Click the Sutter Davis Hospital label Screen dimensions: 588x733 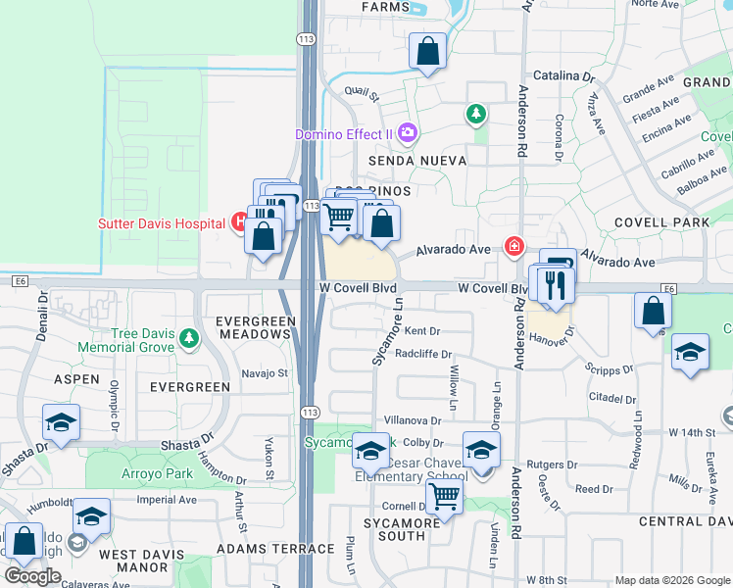(x=162, y=222)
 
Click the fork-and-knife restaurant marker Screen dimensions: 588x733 (x=555, y=285)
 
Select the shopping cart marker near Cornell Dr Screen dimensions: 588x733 (x=445, y=498)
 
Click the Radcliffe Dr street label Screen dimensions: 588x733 (x=423, y=355)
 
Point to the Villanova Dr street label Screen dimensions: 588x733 (x=415, y=420)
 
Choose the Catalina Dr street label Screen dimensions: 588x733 (x=563, y=75)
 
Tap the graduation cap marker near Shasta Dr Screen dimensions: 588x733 (x=61, y=423)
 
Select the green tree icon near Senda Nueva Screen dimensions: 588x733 (x=476, y=115)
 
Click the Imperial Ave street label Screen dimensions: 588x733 (x=167, y=499)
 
